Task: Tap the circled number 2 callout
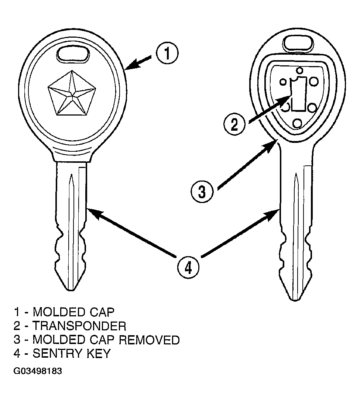tap(234, 125)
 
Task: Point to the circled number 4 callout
tap(188, 268)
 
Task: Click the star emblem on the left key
tap(72, 93)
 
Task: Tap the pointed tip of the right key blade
tap(296, 299)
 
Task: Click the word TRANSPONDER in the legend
tap(79, 326)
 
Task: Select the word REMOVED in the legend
tap(149, 340)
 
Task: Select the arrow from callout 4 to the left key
tap(131, 233)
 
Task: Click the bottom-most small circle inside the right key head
tap(297, 123)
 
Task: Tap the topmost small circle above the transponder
tap(299, 70)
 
